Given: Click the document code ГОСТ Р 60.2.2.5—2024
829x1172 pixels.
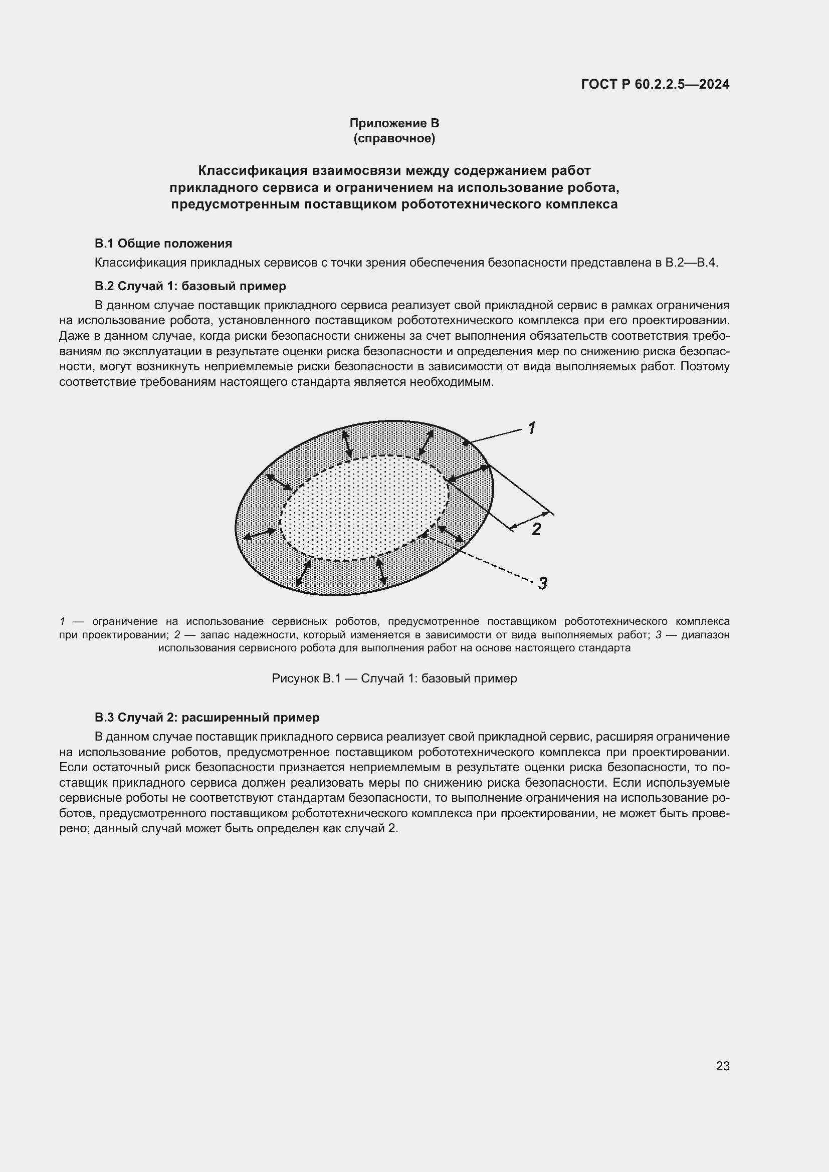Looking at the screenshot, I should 655,84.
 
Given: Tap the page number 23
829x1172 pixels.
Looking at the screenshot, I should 722,1066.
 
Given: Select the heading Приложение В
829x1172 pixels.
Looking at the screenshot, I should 394,123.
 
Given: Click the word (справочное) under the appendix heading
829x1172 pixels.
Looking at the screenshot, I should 394,138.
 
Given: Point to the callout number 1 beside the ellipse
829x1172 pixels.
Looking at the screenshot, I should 531,428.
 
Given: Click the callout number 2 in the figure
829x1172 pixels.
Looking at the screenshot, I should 536,529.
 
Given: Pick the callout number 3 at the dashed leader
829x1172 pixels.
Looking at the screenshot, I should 543,583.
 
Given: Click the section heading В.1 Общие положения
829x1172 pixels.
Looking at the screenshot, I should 163,244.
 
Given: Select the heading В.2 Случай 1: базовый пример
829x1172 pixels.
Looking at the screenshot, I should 190,286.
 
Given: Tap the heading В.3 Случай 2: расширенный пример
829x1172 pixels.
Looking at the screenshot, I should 208,717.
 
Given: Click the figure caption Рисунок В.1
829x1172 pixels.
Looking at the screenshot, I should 394,678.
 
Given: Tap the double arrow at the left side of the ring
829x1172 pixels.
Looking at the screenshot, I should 259,534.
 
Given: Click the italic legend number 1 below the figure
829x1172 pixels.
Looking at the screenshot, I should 62,621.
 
